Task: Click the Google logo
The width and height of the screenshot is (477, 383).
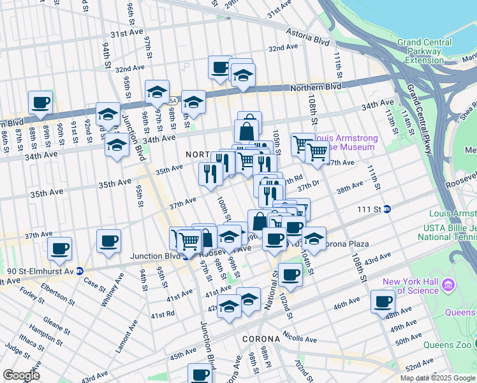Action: (x=21, y=375)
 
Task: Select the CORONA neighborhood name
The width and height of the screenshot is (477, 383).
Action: (x=260, y=339)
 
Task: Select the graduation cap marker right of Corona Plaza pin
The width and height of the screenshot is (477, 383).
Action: (x=314, y=239)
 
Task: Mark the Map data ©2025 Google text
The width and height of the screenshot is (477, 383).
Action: (x=437, y=378)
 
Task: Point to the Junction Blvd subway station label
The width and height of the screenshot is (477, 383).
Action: (x=153, y=257)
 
